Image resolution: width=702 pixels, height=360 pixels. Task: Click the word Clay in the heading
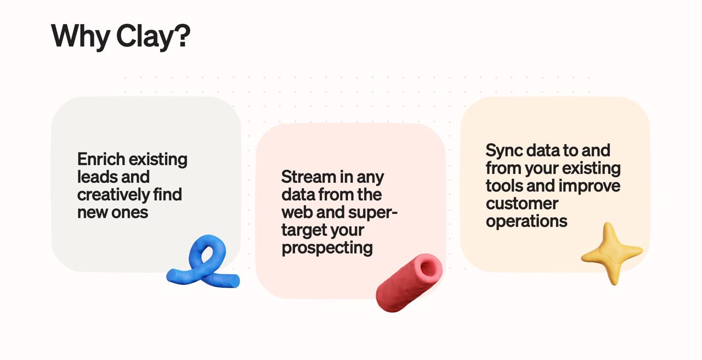click(x=145, y=36)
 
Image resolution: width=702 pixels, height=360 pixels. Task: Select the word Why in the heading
click(x=80, y=36)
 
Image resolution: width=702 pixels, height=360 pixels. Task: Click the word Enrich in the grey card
click(x=101, y=159)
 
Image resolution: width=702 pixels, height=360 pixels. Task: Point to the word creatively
click(x=114, y=195)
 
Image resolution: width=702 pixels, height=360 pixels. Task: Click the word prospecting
click(x=327, y=248)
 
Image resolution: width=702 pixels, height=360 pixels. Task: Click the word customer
click(x=522, y=204)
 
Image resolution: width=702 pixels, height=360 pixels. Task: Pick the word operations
click(x=526, y=222)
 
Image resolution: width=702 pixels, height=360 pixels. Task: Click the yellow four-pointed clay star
click(x=612, y=253)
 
